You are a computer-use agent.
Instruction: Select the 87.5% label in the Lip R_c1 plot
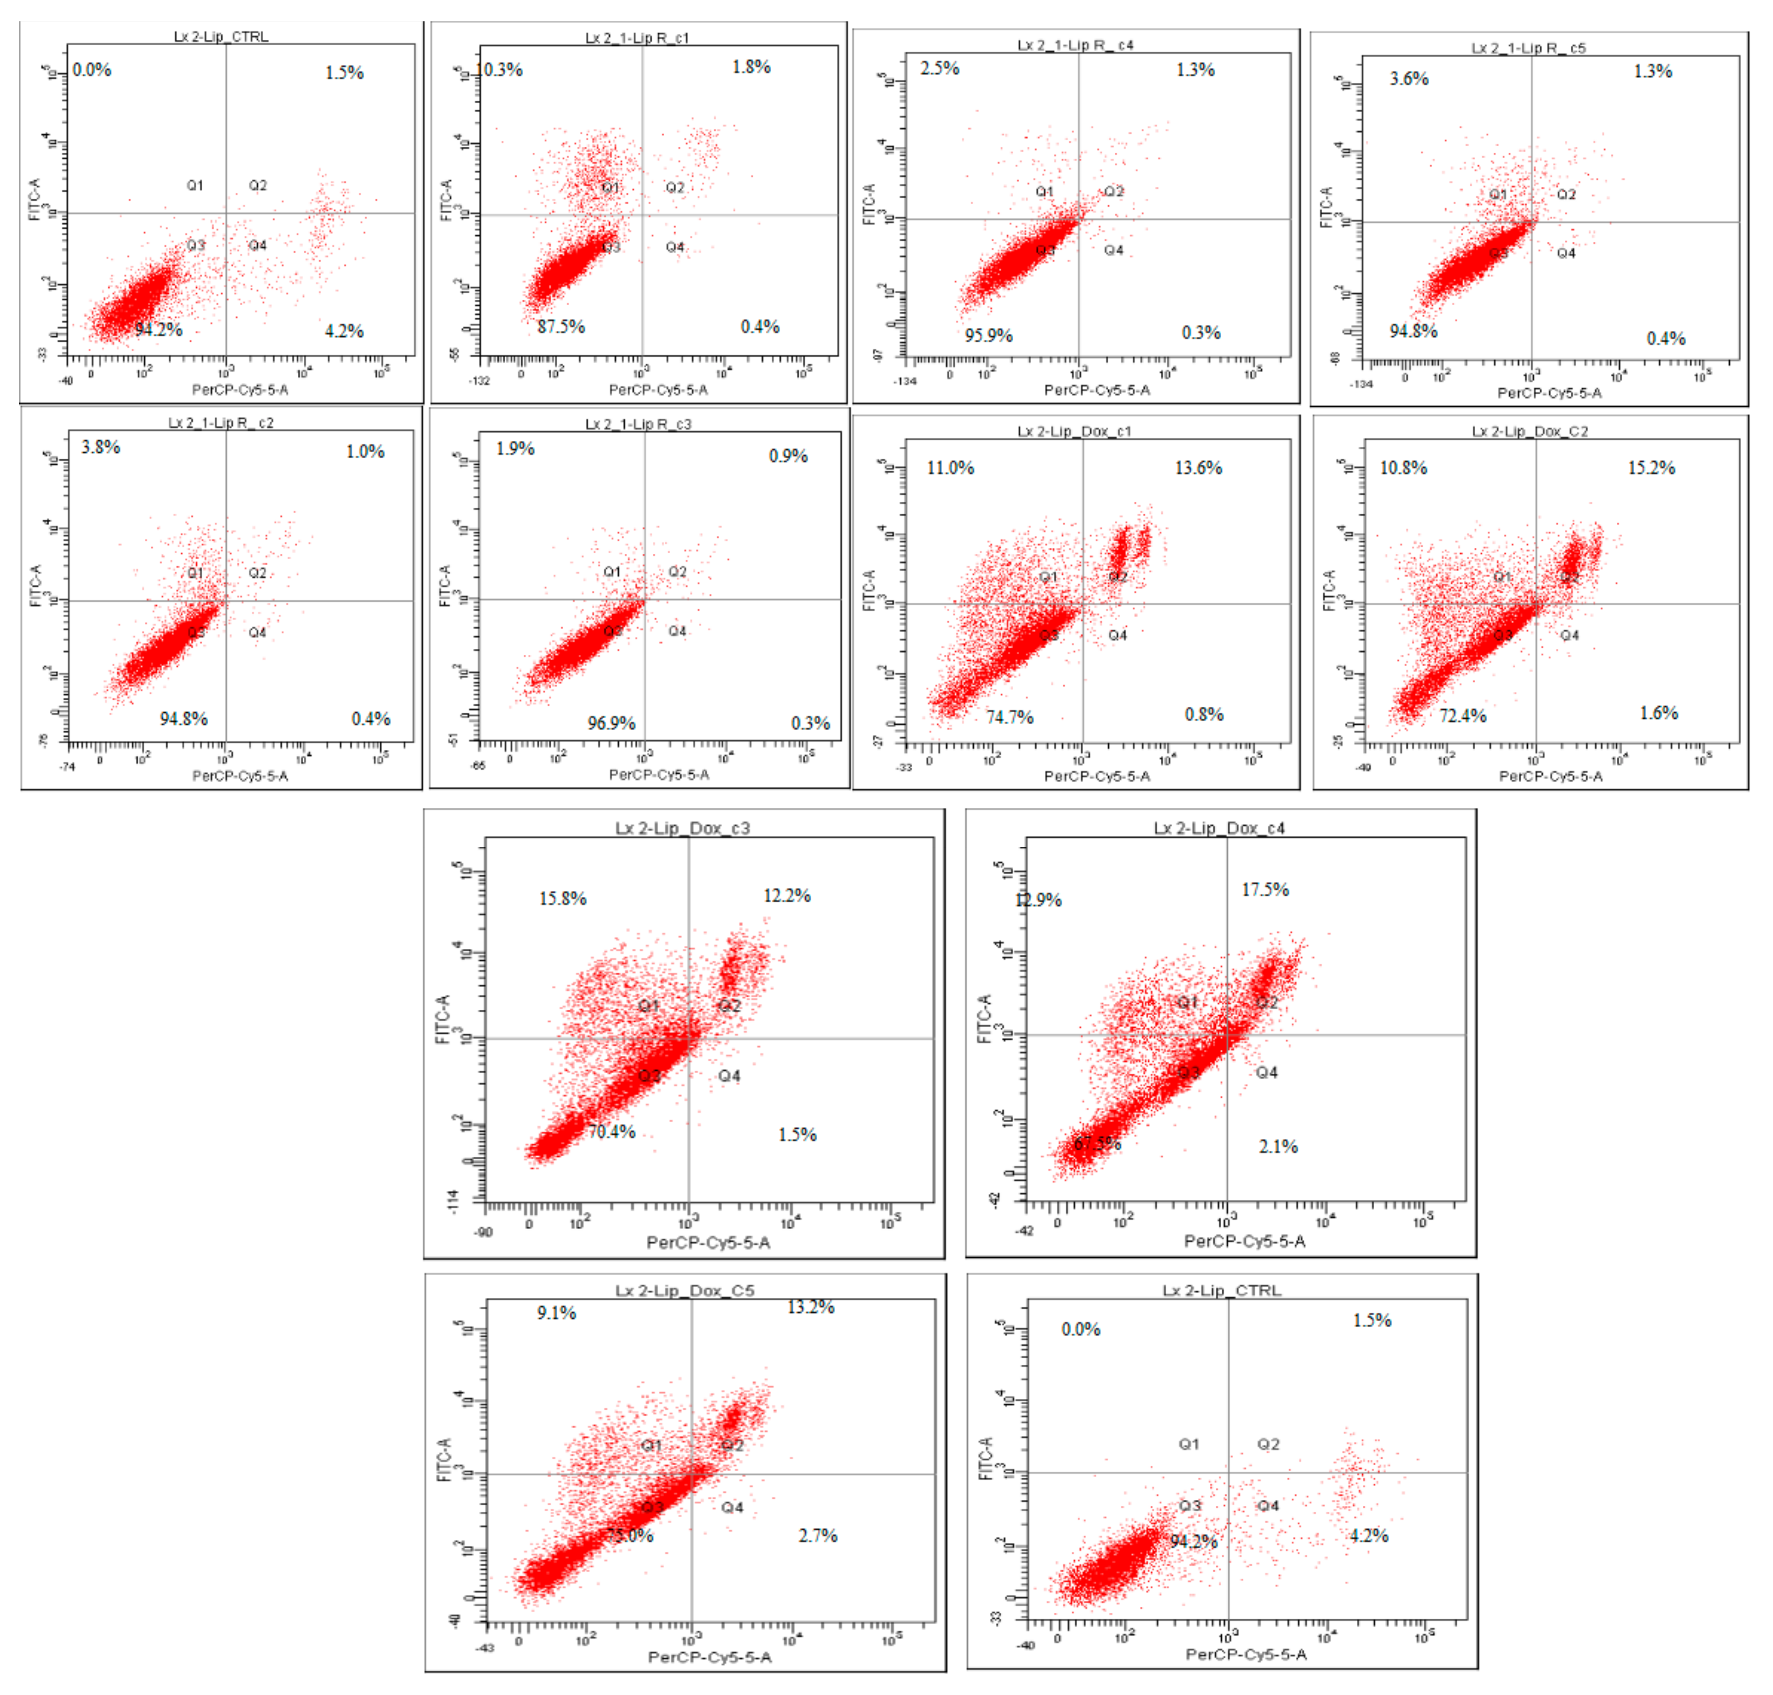click(x=560, y=326)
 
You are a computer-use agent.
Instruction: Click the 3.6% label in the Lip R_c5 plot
click(x=1409, y=79)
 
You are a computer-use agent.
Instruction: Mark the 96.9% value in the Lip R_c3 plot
click(x=611, y=723)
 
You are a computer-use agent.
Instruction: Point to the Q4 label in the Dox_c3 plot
click(x=729, y=1075)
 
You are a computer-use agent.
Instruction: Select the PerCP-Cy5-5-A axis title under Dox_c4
click(x=1244, y=1241)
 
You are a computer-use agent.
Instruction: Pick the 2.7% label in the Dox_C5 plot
click(x=818, y=1535)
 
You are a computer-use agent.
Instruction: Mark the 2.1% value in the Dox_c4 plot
click(x=1278, y=1146)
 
